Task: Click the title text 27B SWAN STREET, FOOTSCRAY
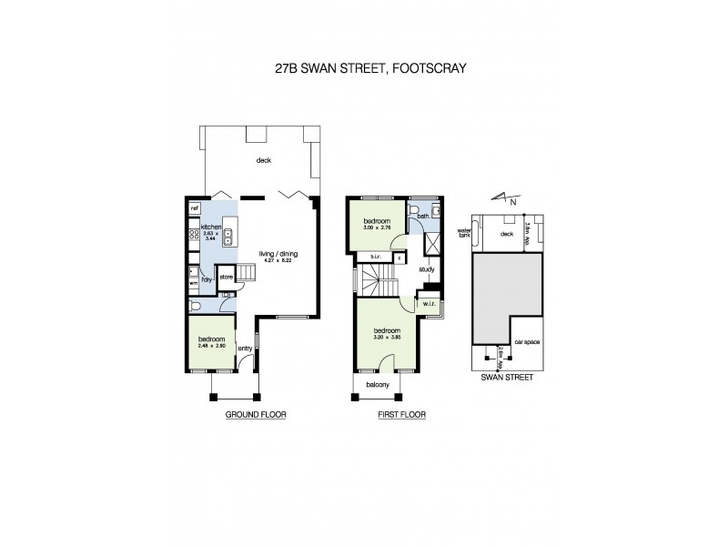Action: (364, 67)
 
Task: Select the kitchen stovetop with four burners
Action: (194, 236)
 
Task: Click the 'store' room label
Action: (227, 276)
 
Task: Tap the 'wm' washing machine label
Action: (193, 284)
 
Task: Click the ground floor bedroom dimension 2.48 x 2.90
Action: (211, 344)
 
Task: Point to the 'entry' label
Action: (245, 349)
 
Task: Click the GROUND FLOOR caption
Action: (256, 414)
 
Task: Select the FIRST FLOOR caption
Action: (400, 414)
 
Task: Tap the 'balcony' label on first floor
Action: (378, 385)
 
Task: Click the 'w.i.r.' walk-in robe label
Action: (427, 303)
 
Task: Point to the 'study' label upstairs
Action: (427, 269)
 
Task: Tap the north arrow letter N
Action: (514, 201)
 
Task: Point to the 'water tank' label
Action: (463, 233)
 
